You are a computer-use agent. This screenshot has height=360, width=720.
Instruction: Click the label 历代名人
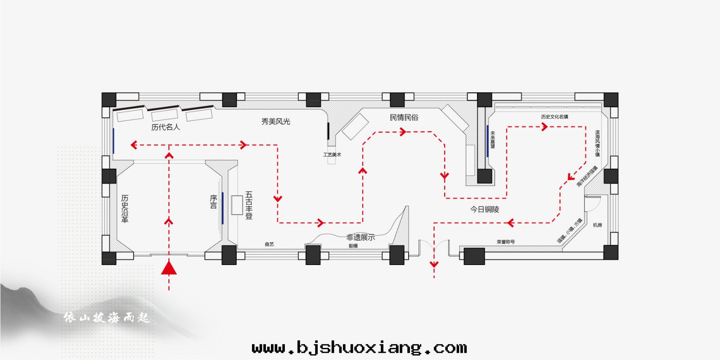click(166, 127)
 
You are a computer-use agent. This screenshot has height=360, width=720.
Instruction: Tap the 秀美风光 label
click(276, 121)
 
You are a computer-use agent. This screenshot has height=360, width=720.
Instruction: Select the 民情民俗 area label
click(404, 117)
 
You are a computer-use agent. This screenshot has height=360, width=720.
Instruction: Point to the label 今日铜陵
click(485, 209)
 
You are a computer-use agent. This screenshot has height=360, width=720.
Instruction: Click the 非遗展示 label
click(360, 237)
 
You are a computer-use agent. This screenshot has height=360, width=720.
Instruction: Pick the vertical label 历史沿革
click(125, 208)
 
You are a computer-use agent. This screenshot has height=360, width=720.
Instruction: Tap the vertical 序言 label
click(213, 202)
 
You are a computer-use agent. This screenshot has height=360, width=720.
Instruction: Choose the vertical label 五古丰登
click(249, 205)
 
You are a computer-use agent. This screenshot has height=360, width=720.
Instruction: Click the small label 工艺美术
click(332, 155)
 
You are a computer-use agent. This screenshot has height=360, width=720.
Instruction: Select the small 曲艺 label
click(269, 244)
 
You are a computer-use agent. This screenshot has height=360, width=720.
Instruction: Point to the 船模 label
click(353, 246)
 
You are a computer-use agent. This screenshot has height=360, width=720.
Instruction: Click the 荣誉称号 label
click(506, 242)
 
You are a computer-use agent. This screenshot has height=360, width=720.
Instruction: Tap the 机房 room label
click(597, 225)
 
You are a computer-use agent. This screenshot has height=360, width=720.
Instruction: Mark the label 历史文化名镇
click(554, 117)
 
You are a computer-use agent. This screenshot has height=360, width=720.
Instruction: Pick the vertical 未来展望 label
click(493, 139)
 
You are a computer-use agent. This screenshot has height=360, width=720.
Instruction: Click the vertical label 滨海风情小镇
click(598, 144)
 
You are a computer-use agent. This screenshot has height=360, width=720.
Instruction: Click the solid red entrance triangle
click(169, 268)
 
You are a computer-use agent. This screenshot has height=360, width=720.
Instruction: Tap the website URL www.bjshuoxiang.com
click(359, 347)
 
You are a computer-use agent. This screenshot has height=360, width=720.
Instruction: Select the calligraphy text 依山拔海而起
click(106, 318)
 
